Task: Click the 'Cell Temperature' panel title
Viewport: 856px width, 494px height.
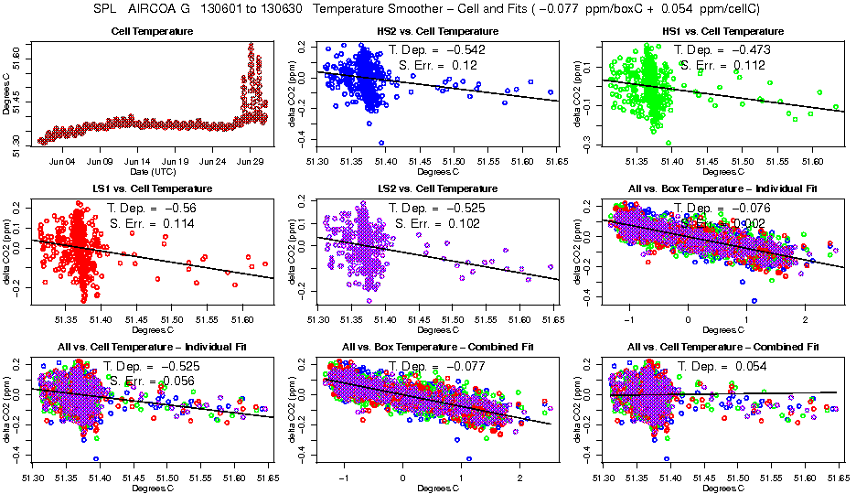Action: point(152,32)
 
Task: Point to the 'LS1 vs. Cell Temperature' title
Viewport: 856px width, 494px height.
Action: point(151,189)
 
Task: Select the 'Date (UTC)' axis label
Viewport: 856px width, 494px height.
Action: point(152,171)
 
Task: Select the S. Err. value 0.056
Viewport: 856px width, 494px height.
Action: point(184,381)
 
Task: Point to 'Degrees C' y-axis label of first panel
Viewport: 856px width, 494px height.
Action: point(7,94)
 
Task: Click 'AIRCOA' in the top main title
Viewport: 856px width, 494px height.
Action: point(155,8)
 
